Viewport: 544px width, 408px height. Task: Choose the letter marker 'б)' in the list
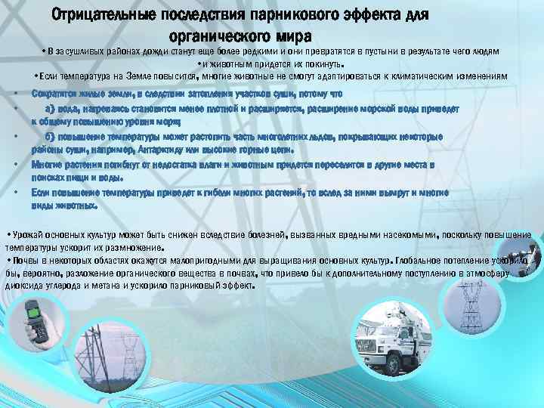point(49,136)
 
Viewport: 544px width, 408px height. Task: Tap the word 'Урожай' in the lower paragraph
point(26,236)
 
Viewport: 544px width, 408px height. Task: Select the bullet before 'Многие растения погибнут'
point(17,164)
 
